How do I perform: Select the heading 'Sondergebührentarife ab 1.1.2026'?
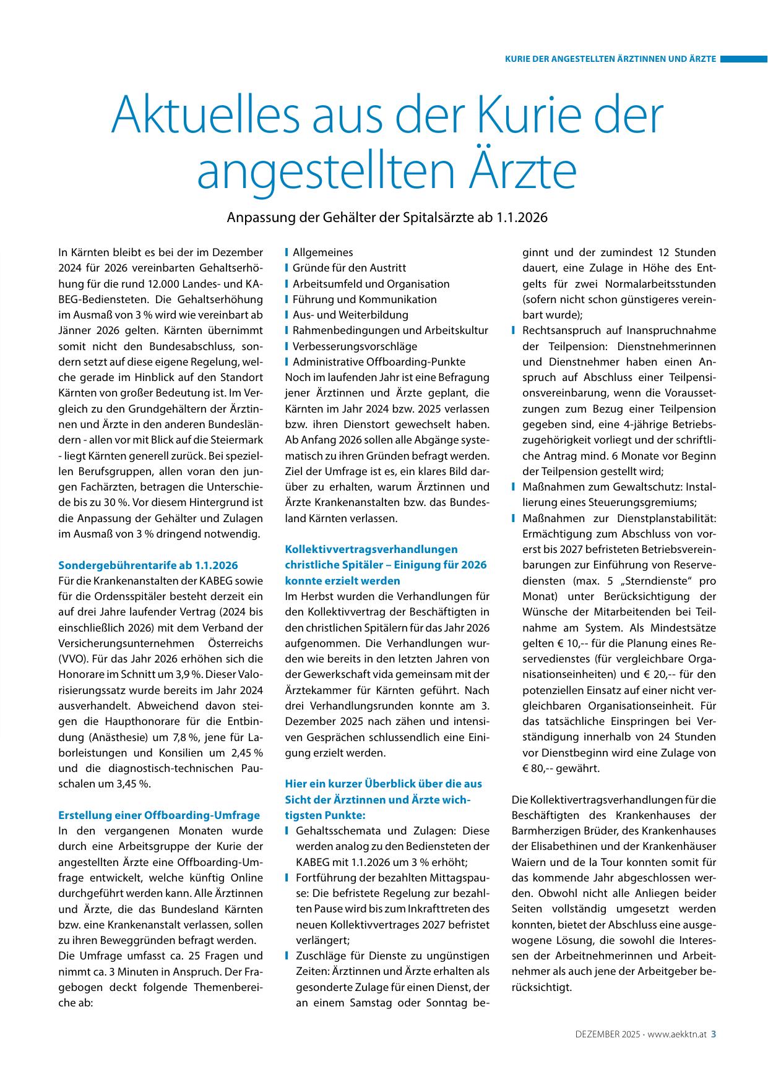point(148,565)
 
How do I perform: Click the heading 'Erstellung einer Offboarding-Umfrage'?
point(159,815)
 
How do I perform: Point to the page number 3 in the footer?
point(714,1033)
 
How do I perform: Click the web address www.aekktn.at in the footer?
point(677,1034)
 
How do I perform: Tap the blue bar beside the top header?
point(743,59)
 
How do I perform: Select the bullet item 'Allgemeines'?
point(322,252)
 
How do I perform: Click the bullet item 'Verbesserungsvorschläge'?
point(355,346)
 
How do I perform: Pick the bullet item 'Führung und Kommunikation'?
point(365,299)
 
